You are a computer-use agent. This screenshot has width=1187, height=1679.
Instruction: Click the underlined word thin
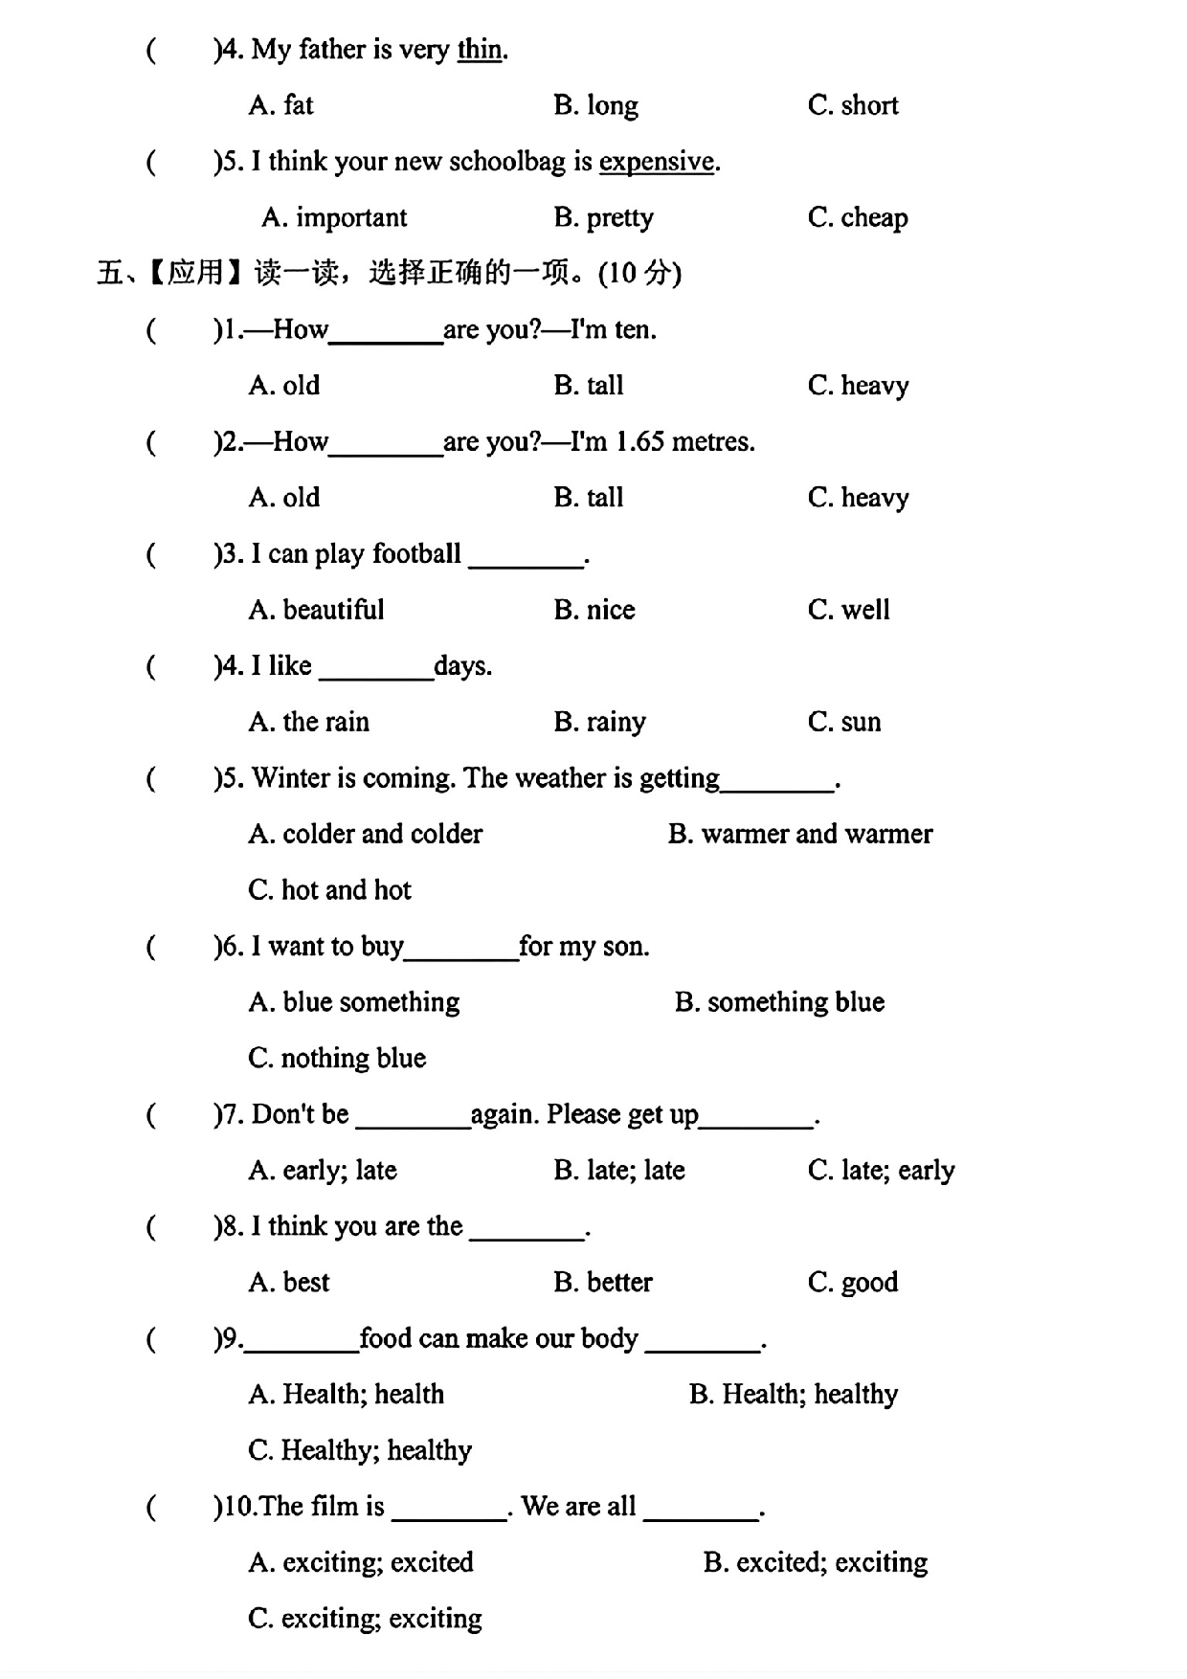tap(480, 49)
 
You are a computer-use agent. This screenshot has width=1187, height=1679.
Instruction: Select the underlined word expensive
tap(657, 161)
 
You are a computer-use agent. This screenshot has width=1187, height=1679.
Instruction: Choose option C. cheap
tap(858, 217)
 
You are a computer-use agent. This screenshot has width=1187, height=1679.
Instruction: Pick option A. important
tap(335, 217)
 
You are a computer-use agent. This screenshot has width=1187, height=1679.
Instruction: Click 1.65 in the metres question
tap(638, 441)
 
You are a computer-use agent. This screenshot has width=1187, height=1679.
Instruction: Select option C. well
tap(849, 610)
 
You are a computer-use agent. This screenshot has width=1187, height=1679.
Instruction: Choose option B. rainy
tap(600, 722)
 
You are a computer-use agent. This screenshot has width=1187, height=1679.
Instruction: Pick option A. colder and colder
tap(366, 834)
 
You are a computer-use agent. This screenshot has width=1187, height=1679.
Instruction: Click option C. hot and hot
tap(329, 890)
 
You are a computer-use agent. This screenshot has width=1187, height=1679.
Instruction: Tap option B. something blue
tap(779, 1002)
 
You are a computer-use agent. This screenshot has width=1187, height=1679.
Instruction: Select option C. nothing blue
tap(337, 1058)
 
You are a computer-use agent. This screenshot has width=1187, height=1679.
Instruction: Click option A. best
tap(289, 1282)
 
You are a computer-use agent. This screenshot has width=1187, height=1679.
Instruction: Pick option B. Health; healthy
tap(794, 1394)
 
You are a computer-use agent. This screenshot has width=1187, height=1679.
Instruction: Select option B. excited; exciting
tap(816, 1562)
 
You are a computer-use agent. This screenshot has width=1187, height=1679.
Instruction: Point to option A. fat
tap(281, 105)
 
